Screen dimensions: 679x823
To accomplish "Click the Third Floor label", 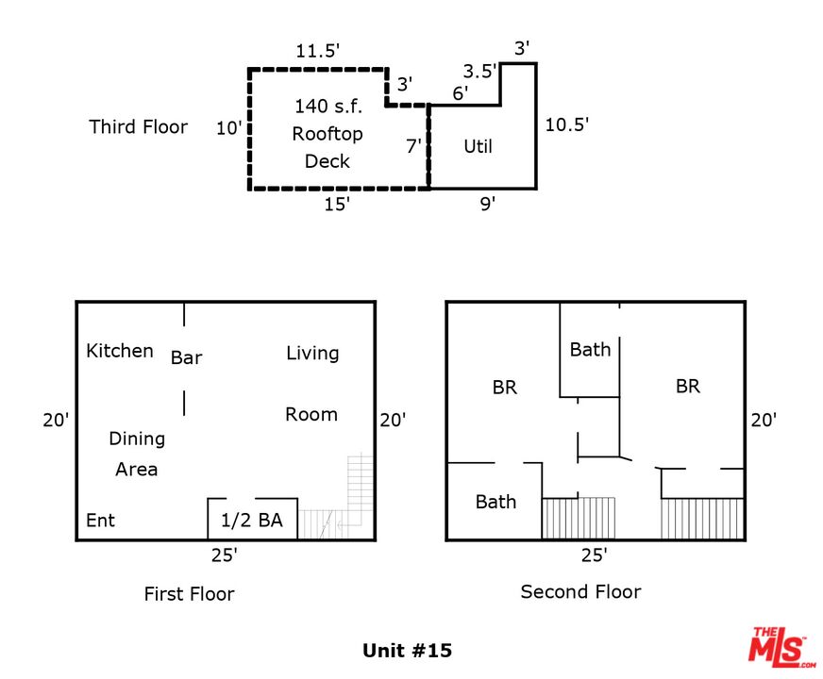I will [138, 126].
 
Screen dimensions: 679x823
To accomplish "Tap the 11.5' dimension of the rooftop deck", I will [316, 51].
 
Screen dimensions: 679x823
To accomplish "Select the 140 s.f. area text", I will [328, 106].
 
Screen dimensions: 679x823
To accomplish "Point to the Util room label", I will [478, 146].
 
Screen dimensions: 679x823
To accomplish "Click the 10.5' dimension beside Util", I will [566, 124].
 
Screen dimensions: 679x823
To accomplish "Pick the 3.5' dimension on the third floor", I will [479, 71].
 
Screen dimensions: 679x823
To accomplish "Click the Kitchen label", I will [120, 351].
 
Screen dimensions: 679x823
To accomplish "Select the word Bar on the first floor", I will [186, 357].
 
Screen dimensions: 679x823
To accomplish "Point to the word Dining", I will [137, 439].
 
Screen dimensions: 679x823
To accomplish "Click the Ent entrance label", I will [101, 521].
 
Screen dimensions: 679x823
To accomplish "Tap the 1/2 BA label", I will [252, 521].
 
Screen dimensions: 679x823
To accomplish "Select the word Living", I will [312, 354].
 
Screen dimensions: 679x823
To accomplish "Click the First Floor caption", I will [189, 594].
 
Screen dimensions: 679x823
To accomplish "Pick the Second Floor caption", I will [580, 592].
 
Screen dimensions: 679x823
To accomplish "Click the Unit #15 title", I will [408, 651].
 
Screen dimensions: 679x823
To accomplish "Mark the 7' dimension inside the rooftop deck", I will [413, 146].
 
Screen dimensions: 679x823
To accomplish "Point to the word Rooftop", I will [327, 134].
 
